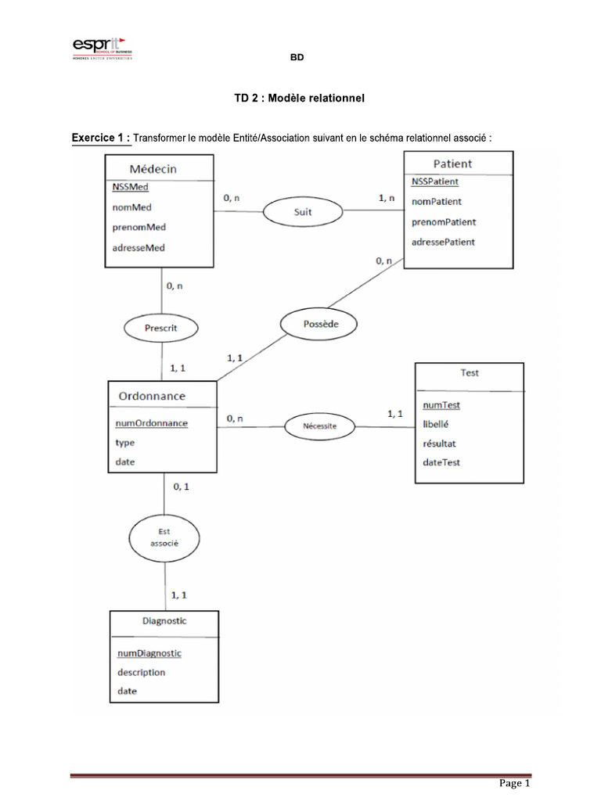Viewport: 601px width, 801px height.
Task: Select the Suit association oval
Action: (302, 211)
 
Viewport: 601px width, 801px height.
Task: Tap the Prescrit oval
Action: (160, 328)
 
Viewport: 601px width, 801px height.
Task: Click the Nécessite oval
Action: (319, 426)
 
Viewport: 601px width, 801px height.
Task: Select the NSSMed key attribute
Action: (130, 187)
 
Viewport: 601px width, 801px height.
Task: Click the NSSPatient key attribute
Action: (435, 181)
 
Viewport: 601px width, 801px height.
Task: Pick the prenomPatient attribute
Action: (444, 222)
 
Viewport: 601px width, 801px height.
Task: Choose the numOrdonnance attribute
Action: (152, 423)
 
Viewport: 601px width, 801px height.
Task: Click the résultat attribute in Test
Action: (439, 443)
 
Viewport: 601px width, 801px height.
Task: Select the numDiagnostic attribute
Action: (149, 653)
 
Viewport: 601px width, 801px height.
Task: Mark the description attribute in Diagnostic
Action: (142, 672)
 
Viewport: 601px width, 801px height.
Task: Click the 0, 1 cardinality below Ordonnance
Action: (181, 487)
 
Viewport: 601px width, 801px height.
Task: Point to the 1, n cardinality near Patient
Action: (387, 199)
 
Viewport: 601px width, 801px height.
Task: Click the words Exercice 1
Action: (101, 138)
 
